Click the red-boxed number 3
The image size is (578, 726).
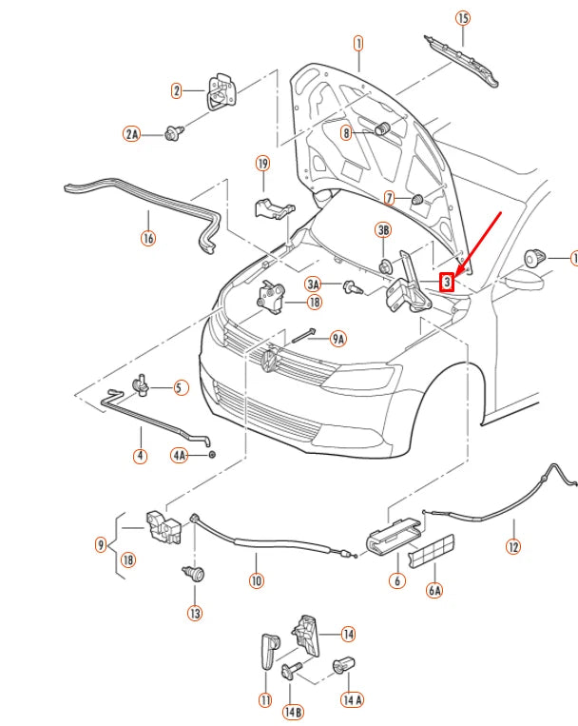point(446,282)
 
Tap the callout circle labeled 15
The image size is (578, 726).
point(463,18)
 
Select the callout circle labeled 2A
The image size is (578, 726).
point(132,134)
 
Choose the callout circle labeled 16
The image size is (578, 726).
point(148,238)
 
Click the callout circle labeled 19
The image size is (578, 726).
point(263,164)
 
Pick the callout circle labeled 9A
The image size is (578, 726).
point(337,338)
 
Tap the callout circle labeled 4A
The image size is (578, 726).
point(181,456)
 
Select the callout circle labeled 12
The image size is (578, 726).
point(513,547)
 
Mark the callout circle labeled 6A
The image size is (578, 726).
point(434,590)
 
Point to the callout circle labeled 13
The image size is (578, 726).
point(194,614)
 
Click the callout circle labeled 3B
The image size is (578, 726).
point(384,230)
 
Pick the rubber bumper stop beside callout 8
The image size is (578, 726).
point(385,129)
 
